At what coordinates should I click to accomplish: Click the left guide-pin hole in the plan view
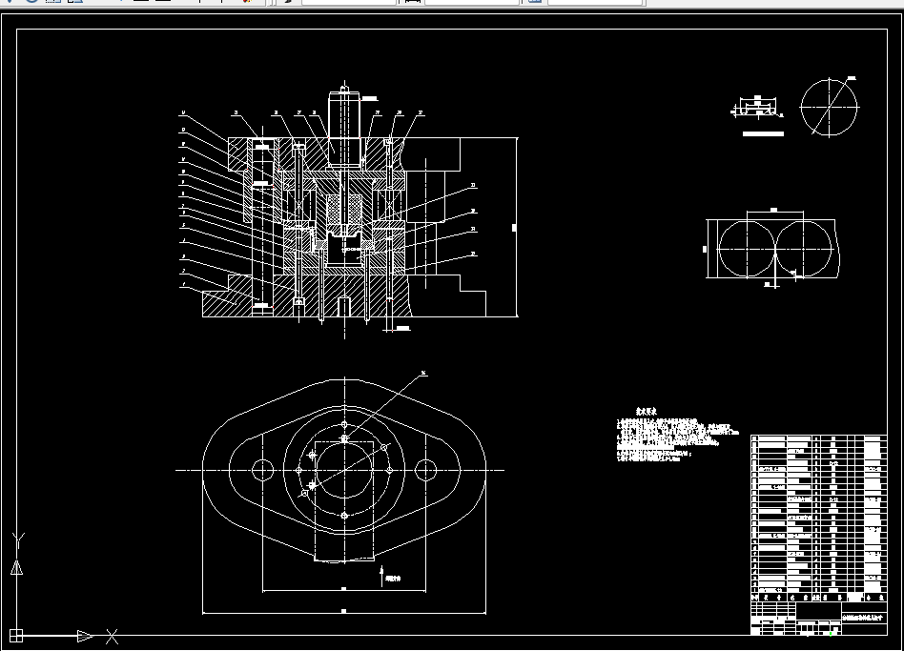262,469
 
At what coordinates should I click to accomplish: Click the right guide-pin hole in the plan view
425,469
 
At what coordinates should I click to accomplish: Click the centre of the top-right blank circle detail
830,106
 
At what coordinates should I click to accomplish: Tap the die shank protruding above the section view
342,119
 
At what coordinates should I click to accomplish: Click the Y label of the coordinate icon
17,541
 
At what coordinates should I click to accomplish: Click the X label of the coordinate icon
112,635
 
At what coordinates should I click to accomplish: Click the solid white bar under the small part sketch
762,134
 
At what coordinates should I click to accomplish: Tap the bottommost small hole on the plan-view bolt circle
344,516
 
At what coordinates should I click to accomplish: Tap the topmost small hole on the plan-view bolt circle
344,423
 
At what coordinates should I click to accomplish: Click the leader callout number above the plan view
423,373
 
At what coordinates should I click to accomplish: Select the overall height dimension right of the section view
514,227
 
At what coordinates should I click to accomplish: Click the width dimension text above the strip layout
773,210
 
